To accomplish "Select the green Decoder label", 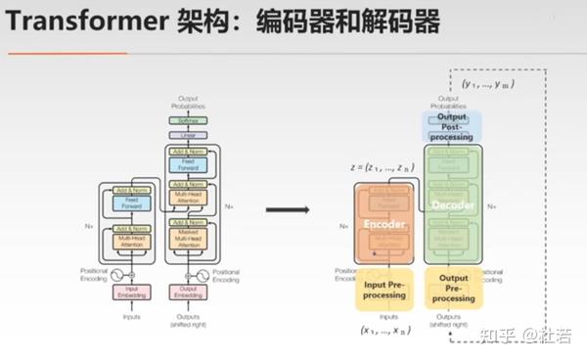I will click(x=453, y=205).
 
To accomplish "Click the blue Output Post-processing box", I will click(x=452, y=126).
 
